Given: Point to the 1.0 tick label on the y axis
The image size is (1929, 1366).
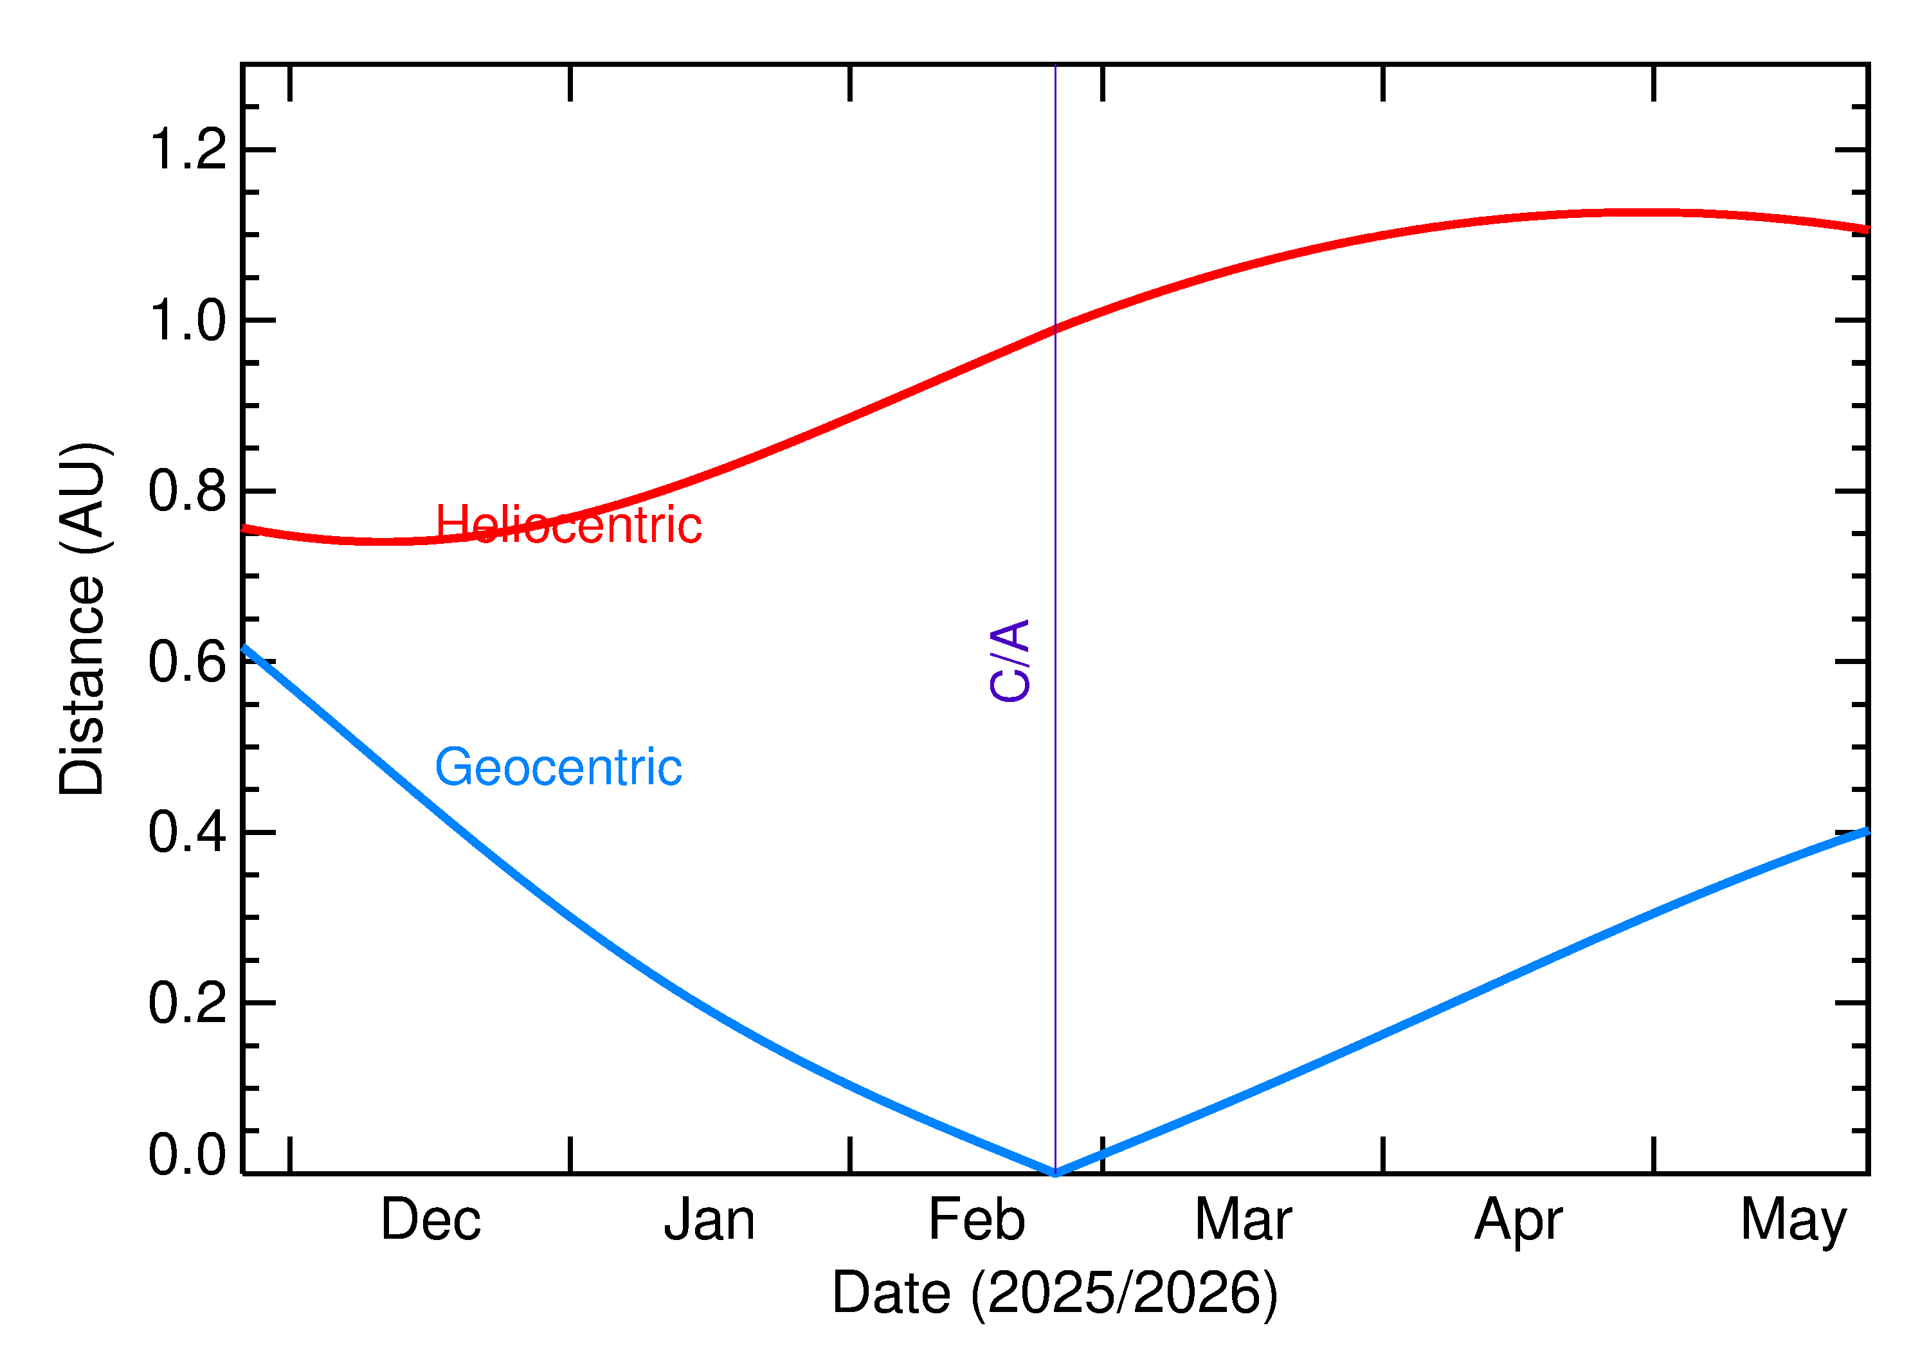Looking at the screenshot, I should click(188, 321).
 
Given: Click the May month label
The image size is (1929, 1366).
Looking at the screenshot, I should click(1793, 1221).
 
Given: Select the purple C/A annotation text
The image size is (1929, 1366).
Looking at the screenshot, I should click(1010, 660).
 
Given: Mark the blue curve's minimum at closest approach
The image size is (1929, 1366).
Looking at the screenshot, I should click(1055, 1172).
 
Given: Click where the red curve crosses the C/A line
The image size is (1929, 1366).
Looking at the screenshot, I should click(1055, 330).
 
